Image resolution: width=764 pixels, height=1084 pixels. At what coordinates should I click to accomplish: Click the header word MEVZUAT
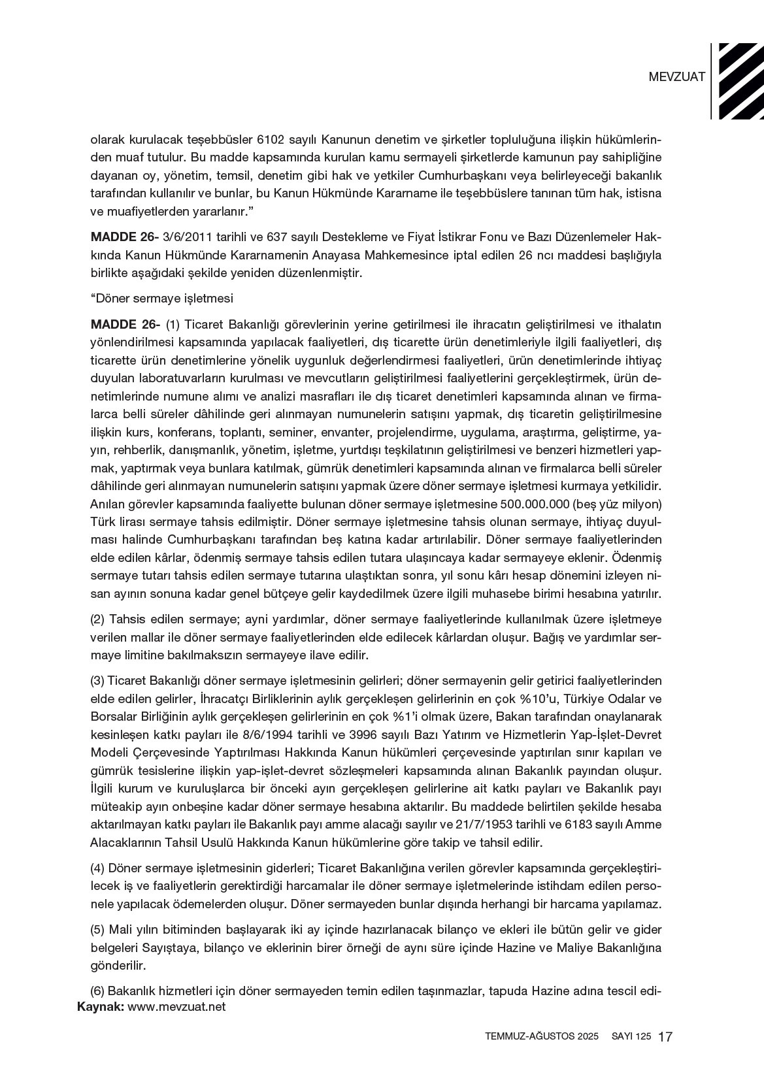point(677,76)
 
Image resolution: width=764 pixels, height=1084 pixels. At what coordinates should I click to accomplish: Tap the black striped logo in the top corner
point(740,81)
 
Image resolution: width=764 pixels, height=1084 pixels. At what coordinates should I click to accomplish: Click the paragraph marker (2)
point(97,618)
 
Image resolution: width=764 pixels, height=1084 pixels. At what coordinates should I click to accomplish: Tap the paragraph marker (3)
point(97,680)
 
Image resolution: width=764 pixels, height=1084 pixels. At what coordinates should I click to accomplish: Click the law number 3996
point(351,734)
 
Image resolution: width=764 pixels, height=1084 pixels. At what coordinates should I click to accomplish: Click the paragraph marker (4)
point(97,868)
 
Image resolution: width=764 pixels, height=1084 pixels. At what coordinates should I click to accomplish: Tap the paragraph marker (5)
point(97,930)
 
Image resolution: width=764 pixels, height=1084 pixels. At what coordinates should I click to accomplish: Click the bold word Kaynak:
point(101,1007)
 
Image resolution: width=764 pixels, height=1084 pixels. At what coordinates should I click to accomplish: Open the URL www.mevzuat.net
point(176,1007)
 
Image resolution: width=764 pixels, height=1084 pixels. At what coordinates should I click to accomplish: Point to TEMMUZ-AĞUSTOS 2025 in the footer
point(542,1037)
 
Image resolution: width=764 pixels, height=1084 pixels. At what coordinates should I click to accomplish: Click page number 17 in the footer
point(666,1037)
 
